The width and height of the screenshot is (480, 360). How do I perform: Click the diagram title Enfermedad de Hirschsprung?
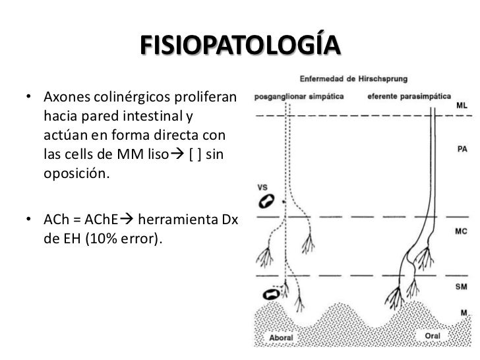pyautogui.click(x=353, y=78)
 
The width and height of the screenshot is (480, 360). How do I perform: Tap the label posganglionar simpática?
pyautogui.click(x=299, y=97)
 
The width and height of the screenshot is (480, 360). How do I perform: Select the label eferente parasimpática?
pyautogui.click(x=409, y=96)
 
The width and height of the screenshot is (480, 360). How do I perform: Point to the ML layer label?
pyautogui.click(x=462, y=105)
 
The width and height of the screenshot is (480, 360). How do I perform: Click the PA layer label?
pyautogui.click(x=462, y=149)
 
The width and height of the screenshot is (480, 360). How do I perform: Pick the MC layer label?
pyautogui.click(x=461, y=231)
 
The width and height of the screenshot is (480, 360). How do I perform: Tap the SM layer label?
pyautogui.click(x=461, y=287)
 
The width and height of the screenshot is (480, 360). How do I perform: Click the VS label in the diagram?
pyautogui.click(x=262, y=187)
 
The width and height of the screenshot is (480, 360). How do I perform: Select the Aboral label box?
pyautogui.click(x=281, y=338)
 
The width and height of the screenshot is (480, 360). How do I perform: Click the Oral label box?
pyautogui.click(x=433, y=336)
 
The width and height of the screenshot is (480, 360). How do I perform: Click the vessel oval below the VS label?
pyautogui.click(x=266, y=201)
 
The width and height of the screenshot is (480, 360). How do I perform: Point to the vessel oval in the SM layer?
pyautogui.click(x=271, y=295)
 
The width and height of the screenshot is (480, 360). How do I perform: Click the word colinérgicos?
pyautogui.click(x=132, y=97)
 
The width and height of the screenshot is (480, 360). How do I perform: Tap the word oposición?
pyautogui.click(x=76, y=173)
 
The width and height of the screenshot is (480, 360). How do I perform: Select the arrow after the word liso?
pyautogui.click(x=177, y=154)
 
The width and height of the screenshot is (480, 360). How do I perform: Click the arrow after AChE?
pyautogui.click(x=127, y=219)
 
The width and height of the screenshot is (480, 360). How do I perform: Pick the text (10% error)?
pyautogui.click(x=124, y=239)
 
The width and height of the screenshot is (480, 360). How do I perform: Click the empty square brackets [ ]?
pyautogui.click(x=195, y=154)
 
